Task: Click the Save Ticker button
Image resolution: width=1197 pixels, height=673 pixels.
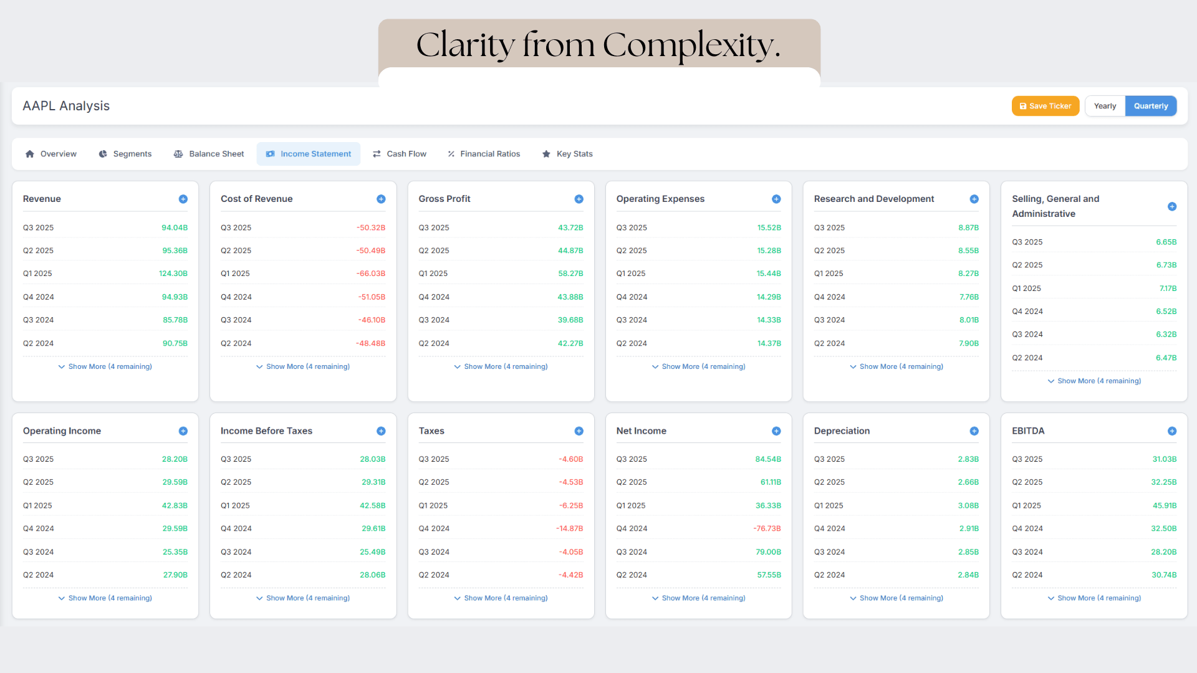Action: tap(1045, 106)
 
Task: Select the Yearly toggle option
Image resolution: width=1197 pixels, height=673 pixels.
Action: tap(1105, 106)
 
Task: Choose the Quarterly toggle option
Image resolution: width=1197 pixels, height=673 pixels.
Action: tap(1150, 106)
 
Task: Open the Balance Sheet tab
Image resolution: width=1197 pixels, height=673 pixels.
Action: tap(209, 154)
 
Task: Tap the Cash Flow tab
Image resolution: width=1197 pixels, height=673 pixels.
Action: tap(400, 154)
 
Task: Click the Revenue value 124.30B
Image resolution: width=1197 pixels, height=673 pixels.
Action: tap(173, 274)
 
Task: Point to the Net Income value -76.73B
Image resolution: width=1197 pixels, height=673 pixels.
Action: tap(766, 528)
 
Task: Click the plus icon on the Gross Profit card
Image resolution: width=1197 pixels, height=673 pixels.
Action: tap(579, 199)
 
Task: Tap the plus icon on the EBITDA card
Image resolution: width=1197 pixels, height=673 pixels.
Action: tap(1171, 431)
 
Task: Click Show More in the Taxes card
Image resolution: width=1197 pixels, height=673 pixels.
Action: tap(501, 598)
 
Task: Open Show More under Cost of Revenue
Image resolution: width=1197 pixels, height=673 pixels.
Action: tap(303, 366)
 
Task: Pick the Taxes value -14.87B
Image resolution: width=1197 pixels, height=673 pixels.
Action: tap(569, 528)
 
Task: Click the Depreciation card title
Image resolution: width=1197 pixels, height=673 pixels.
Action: tap(842, 431)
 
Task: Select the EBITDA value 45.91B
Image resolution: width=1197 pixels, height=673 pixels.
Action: tap(1164, 505)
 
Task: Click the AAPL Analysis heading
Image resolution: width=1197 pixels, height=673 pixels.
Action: tap(66, 106)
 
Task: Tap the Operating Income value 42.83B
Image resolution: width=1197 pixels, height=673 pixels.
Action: tap(175, 505)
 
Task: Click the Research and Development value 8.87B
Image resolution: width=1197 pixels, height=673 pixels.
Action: tap(968, 227)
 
